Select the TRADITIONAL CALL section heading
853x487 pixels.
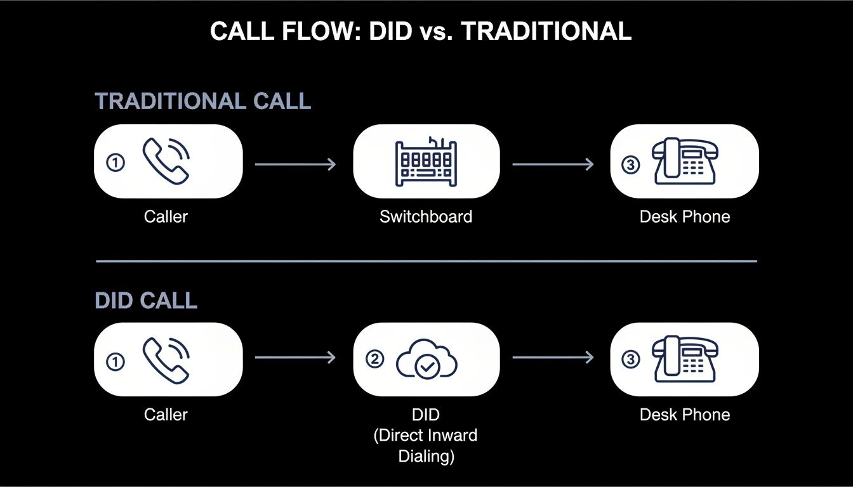point(202,101)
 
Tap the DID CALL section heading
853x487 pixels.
point(146,301)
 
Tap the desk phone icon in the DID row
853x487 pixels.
point(685,360)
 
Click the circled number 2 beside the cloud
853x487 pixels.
point(376,359)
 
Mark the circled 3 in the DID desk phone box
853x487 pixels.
point(630,360)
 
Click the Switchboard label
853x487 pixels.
point(426,217)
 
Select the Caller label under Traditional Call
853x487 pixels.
point(166,217)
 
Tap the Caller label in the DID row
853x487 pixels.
point(166,415)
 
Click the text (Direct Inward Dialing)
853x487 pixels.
point(426,446)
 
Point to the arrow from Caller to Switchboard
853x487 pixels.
point(295,164)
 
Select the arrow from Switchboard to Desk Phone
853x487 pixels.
point(553,164)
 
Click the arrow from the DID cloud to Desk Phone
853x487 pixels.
point(553,358)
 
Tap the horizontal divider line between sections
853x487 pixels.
point(426,261)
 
